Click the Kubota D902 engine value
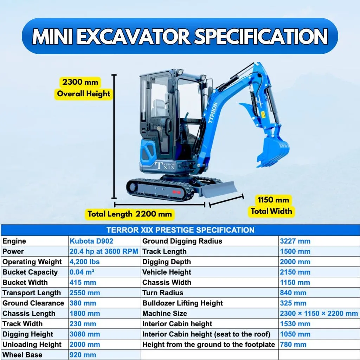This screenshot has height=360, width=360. click(x=91, y=241)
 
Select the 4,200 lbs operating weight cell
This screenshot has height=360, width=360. click(x=85, y=262)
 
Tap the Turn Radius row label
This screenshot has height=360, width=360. click(x=163, y=293)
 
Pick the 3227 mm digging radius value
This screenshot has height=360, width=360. click(x=295, y=241)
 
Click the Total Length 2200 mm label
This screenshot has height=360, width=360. click(x=129, y=214)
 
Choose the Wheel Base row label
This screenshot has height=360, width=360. click(x=22, y=355)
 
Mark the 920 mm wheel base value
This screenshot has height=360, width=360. click(x=83, y=355)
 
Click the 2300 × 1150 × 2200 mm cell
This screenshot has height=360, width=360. click(x=319, y=314)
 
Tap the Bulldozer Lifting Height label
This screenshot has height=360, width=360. click(x=182, y=303)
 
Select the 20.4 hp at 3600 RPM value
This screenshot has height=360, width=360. click(x=104, y=251)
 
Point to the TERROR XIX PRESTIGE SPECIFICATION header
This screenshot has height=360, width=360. click(x=180, y=230)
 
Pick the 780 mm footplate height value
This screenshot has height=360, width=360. click(x=293, y=345)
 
